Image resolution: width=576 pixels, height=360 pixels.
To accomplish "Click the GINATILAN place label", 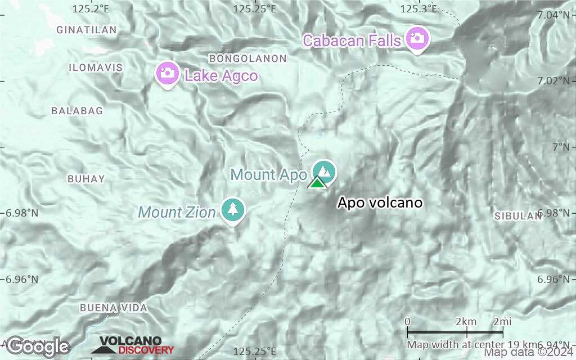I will pyautogui.click(x=87, y=30).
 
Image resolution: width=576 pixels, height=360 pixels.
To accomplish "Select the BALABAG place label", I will pyautogui.click(x=77, y=111).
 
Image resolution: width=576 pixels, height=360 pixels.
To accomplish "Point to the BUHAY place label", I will pyautogui.click(x=86, y=179).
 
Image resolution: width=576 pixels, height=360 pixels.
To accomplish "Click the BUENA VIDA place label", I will pyautogui.click(x=114, y=308).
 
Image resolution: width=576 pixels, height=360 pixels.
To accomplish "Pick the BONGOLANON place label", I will pyautogui.click(x=247, y=58).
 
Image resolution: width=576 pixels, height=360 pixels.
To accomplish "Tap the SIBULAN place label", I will pyautogui.click(x=518, y=216).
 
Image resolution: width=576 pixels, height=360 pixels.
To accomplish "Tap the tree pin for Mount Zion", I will pyautogui.click(x=232, y=209).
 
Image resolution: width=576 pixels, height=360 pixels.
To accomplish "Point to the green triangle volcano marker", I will pyautogui.click(x=317, y=183).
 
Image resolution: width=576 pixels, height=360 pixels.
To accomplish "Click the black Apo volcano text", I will pyautogui.click(x=379, y=203).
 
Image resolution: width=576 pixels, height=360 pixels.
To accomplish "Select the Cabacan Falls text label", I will pyautogui.click(x=352, y=40).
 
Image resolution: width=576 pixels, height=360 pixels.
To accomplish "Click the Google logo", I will pyautogui.click(x=37, y=346).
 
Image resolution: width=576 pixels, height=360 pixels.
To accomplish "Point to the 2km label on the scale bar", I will pyautogui.click(x=466, y=321).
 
